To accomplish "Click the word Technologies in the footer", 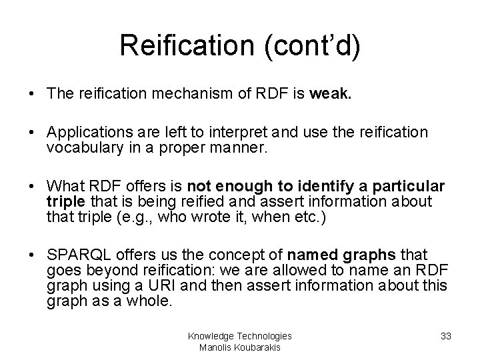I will coord(264,337).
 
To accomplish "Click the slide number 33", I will coord(446,337).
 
